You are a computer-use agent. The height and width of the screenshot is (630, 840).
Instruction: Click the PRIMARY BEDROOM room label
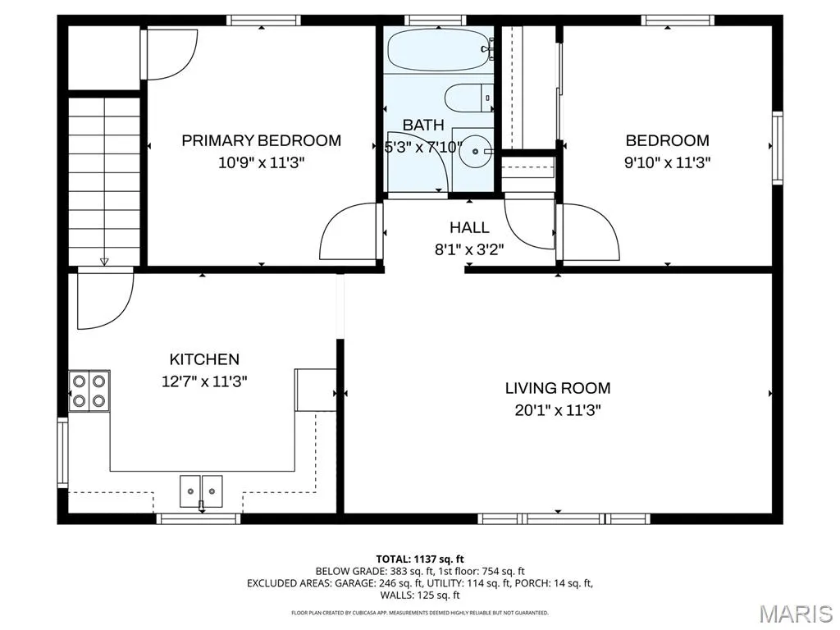pos(262,140)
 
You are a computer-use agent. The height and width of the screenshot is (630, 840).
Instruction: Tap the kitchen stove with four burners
pos(89,390)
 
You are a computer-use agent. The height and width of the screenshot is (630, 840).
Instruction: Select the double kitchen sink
pos(201,491)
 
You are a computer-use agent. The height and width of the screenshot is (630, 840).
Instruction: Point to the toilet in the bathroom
pos(468,98)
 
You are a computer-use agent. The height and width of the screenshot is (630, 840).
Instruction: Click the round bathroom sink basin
pos(475,152)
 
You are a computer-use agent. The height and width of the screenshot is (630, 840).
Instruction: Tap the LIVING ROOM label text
pos(558,388)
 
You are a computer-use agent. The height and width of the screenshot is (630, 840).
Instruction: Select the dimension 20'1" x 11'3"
pos(558,410)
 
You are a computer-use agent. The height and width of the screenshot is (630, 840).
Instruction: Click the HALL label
pos(469,228)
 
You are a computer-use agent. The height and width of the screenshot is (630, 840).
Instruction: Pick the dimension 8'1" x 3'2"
pos(469,249)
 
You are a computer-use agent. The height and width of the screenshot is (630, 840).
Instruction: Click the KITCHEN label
pos(204,359)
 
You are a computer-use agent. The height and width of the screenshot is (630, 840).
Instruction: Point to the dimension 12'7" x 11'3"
pos(204,381)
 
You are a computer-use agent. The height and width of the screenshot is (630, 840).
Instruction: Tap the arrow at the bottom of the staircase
pos(104,262)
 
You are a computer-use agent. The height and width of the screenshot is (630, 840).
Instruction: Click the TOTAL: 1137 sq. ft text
pos(420,559)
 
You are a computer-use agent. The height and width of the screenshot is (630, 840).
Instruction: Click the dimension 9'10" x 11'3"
pos(668,162)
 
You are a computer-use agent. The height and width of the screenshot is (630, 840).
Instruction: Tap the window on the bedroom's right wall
pos(778,148)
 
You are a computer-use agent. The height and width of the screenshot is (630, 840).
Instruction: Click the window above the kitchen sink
pos(199,518)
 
